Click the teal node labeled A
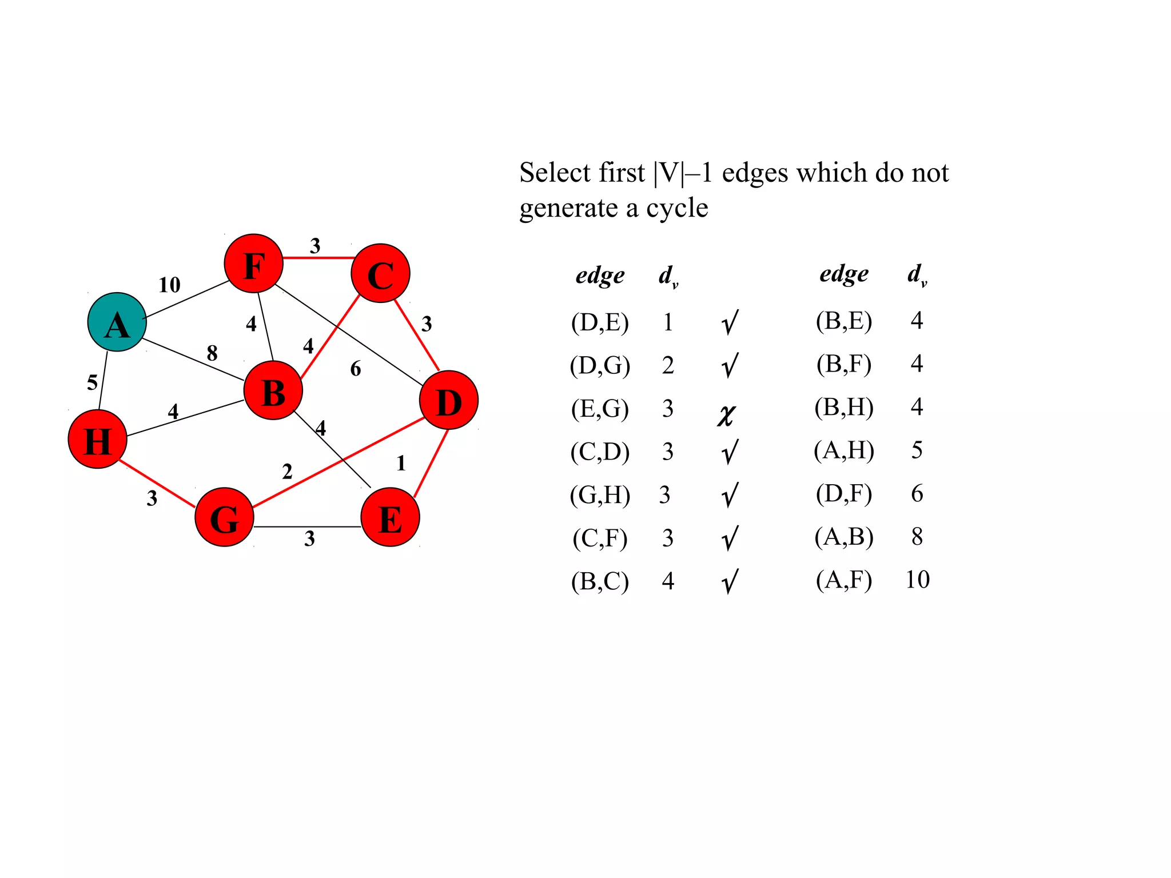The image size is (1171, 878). (117, 322)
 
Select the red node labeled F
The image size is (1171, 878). (253, 264)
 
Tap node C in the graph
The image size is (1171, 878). (380, 273)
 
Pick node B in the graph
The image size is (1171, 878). (273, 391)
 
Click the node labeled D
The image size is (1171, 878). (448, 400)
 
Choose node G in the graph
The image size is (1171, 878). (224, 517)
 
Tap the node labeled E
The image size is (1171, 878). (390, 517)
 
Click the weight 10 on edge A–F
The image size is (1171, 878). (169, 285)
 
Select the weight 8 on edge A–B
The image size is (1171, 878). (212, 353)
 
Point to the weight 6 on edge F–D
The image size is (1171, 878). (356, 369)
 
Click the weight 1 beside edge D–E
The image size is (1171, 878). (401, 463)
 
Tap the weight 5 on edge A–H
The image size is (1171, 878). (92, 382)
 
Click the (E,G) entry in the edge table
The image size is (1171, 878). (600, 409)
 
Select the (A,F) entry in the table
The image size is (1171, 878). (844, 580)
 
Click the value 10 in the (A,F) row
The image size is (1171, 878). (917, 580)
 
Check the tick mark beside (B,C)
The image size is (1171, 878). (730, 582)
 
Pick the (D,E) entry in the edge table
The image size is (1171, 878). (600, 322)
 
